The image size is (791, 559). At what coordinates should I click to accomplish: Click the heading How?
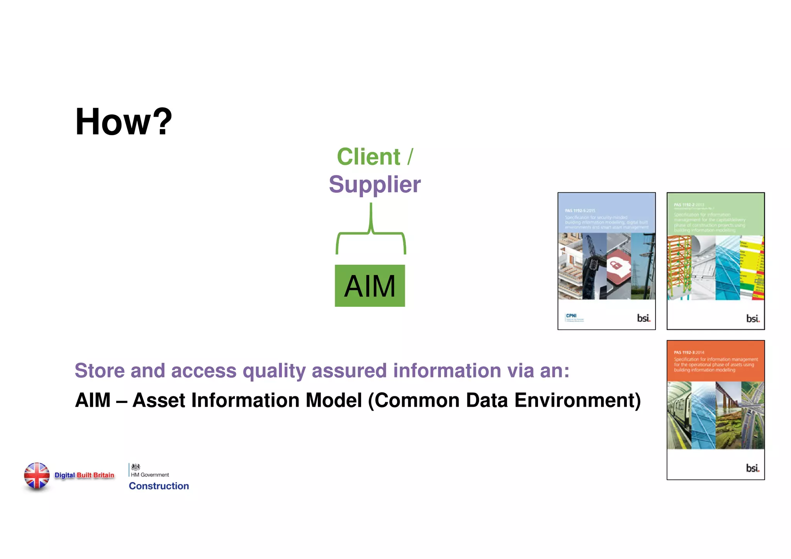[x=124, y=122]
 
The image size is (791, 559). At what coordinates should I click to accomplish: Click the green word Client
[x=368, y=157]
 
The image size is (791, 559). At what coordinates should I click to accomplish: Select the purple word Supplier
[x=375, y=184]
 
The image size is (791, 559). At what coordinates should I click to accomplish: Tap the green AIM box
[x=370, y=286]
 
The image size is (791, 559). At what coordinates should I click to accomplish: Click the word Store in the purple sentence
[x=100, y=370]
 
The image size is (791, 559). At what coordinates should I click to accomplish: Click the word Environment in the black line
[x=577, y=400]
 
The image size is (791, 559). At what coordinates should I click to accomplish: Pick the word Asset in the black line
[x=159, y=400]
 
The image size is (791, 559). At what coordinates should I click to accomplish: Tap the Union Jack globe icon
[x=37, y=476]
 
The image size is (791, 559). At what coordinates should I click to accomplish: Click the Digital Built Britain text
[x=84, y=475]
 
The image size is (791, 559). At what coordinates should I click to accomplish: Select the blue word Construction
[x=159, y=486]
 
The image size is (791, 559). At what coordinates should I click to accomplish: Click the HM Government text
[x=150, y=475]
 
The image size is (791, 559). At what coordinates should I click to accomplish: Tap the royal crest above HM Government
[x=136, y=467]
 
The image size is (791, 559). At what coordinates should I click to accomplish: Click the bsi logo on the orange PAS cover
[x=752, y=468]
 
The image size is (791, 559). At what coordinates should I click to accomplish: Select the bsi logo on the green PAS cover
[x=752, y=319]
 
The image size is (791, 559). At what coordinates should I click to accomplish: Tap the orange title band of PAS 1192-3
[x=715, y=361]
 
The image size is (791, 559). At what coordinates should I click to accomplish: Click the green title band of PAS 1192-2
[x=715, y=214]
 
